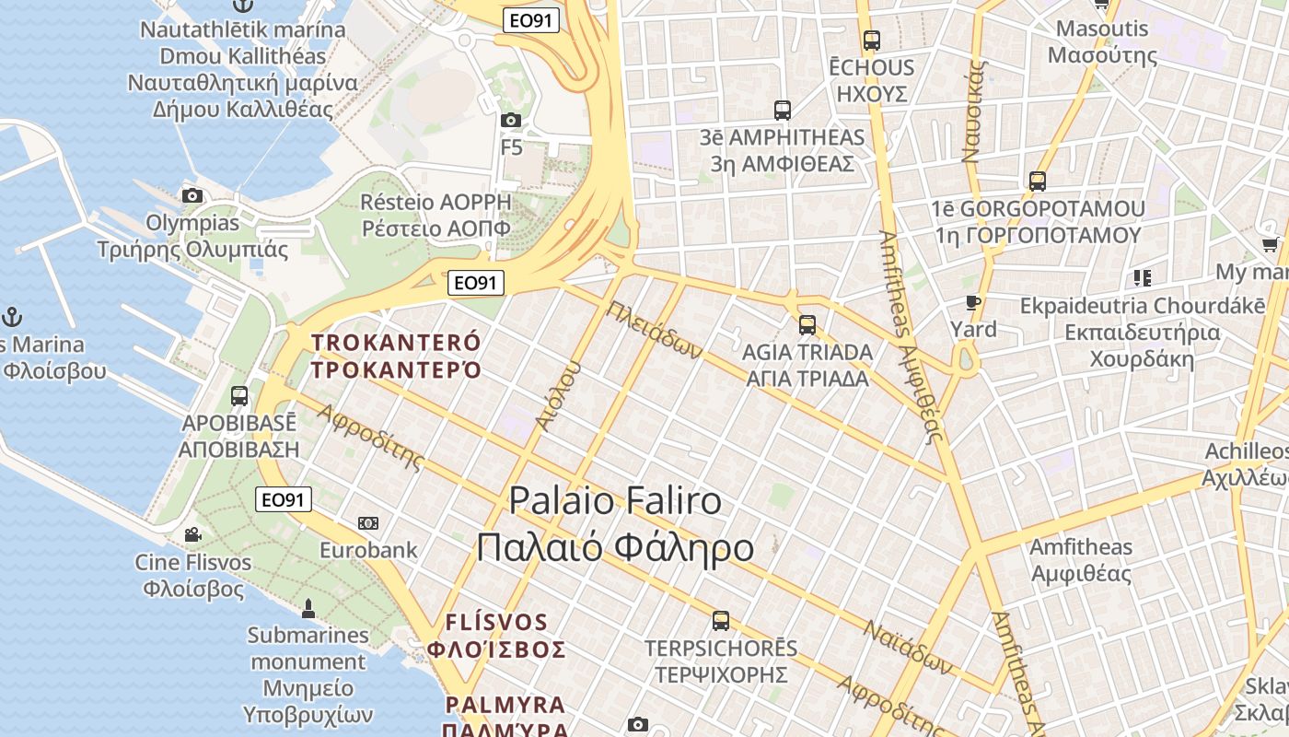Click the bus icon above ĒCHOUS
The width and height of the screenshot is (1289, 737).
(871, 41)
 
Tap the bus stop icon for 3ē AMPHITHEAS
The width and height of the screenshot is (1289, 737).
(783, 111)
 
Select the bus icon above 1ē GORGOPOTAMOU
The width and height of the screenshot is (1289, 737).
(1038, 181)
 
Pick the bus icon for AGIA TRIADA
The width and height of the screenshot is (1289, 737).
(807, 325)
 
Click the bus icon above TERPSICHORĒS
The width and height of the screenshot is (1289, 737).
(721, 621)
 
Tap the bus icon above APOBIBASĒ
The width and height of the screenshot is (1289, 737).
(239, 396)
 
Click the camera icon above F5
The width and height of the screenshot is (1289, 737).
(511, 121)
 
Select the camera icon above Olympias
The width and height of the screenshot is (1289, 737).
(192, 195)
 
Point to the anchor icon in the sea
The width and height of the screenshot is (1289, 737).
(12, 318)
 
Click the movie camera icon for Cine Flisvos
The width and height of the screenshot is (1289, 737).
(192, 535)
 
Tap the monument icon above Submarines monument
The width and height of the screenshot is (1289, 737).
(308, 608)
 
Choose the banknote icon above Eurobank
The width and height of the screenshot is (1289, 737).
(368, 523)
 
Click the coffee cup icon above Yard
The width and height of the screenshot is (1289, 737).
(973, 302)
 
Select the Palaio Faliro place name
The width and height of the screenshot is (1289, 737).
(615, 501)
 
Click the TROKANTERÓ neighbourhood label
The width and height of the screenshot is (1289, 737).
(396, 343)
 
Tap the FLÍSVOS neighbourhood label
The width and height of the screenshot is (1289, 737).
(497, 623)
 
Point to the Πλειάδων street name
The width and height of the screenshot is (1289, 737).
(655, 330)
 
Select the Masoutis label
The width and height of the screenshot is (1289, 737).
(1102, 29)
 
